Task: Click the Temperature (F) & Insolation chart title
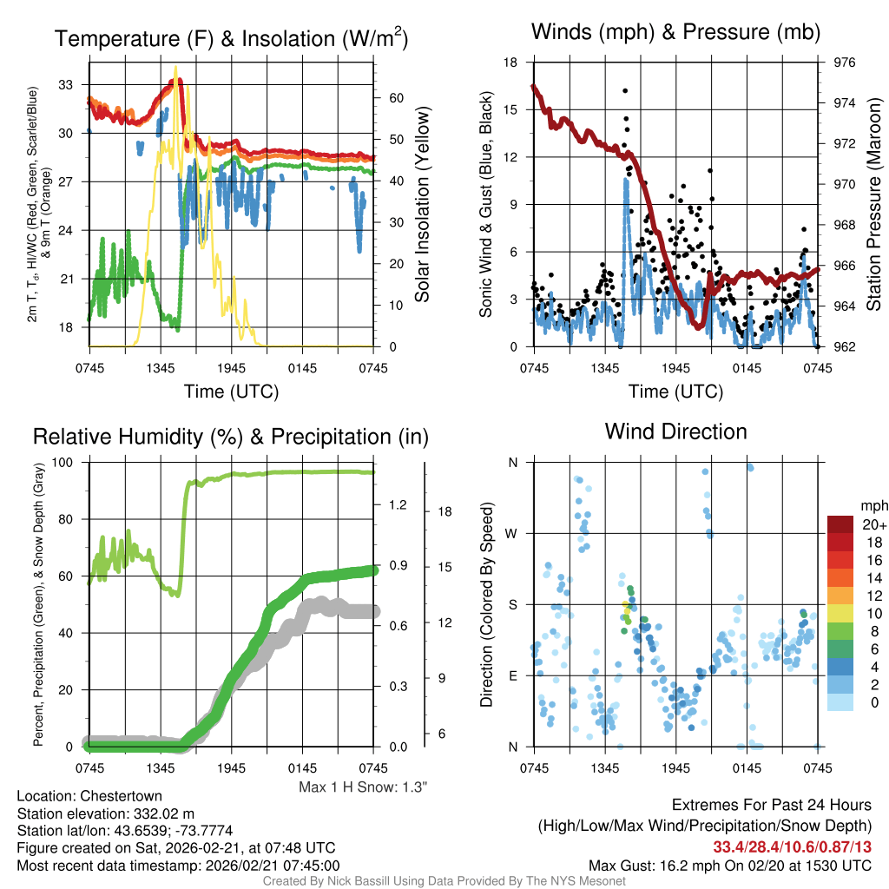tap(231, 39)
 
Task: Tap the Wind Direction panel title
tap(675, 431)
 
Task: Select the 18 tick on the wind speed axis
tap(511, 63)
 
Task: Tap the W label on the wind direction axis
tap(512, 533)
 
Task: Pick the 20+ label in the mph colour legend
tap(873, 524)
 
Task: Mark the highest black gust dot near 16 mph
tap(625, 90)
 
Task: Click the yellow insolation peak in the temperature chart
tap(176, 68)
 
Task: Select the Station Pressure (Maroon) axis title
tap(874, 205)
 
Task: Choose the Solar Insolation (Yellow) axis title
tap(423, 205)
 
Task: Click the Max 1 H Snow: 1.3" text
tap(364, 787)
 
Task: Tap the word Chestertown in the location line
tap(121, 796)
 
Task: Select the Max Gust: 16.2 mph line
tap(730, 866)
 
